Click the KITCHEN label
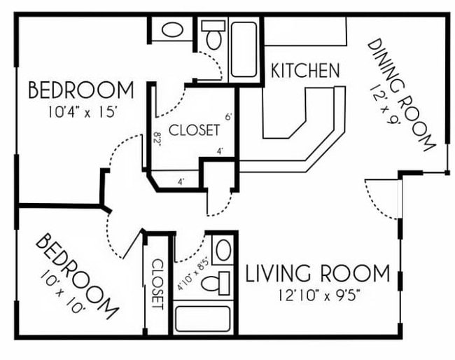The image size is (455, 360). click(x=305, y=70)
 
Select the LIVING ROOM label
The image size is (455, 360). click(x=317, y=272)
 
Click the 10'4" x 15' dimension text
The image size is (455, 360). click(x=80, y=110)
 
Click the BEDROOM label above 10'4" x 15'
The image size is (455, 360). click(x=80, y=90)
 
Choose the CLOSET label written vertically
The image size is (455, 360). click(x=157, y=284)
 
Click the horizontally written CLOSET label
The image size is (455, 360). click(x=194, y=130)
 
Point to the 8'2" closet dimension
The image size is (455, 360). click(x=157, y=140)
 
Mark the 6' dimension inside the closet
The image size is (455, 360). click(x=228, y=117)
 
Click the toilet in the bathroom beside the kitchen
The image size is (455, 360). click(x=212, y=34)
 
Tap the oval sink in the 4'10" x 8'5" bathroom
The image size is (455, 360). click(x=223, y=251)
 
